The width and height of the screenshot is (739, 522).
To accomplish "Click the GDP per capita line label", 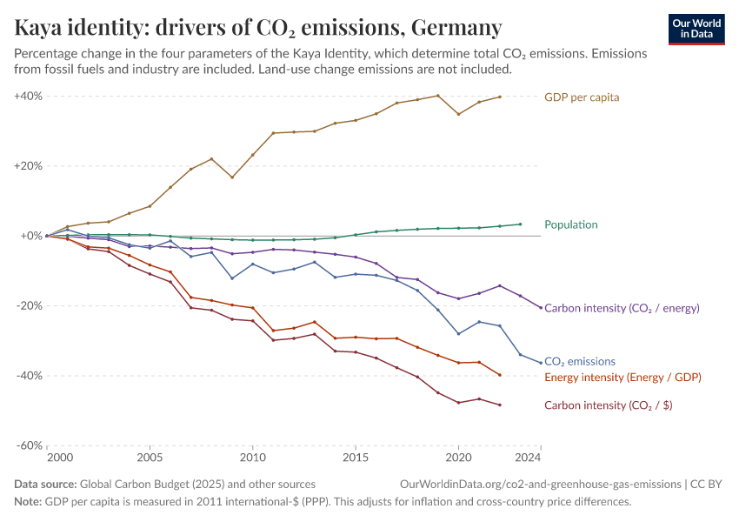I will point(582,97).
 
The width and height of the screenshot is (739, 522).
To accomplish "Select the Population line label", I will point(570,224).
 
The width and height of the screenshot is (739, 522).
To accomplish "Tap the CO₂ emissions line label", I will point(579,361).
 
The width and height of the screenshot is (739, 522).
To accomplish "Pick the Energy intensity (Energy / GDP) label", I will point(622,377).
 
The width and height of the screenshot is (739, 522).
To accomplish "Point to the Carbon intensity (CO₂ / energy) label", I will point(622,307).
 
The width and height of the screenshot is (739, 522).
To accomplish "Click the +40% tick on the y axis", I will point(29,96).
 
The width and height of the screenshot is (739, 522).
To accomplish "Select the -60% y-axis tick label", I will point(30,445).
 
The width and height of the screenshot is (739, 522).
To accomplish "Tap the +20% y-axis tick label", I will point(29,165).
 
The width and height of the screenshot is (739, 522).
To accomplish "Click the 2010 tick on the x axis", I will point(252,458).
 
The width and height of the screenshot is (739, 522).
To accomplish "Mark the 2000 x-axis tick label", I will point(59,458).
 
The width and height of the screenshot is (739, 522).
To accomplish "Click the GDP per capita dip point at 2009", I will point(231,177).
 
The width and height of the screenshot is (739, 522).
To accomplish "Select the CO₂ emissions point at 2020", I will point(458,333).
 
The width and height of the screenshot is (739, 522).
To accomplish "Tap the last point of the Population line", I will point(520,224).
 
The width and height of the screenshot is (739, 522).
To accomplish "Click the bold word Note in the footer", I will point(28,502).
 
